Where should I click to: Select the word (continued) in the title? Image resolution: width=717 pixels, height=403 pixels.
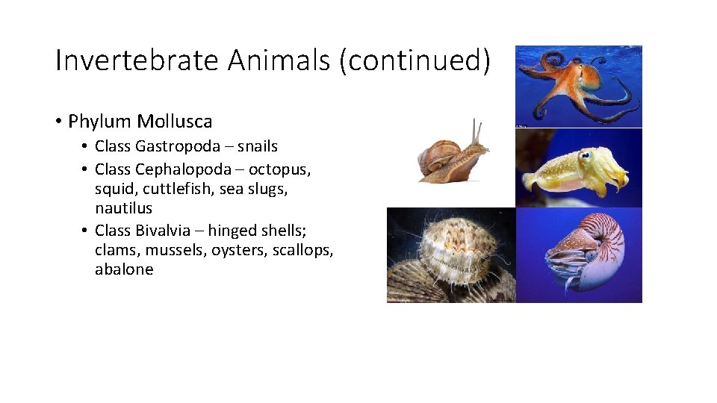click(x=415, y=60)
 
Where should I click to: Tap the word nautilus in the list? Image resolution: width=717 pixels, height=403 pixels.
click(x=123, y=208)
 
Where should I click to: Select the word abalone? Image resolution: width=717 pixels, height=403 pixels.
click(x=124, y=269)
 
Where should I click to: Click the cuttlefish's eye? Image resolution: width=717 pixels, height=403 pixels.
click(x=585, y=156)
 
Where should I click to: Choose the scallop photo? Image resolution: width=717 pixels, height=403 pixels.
click(x=451, y=255)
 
